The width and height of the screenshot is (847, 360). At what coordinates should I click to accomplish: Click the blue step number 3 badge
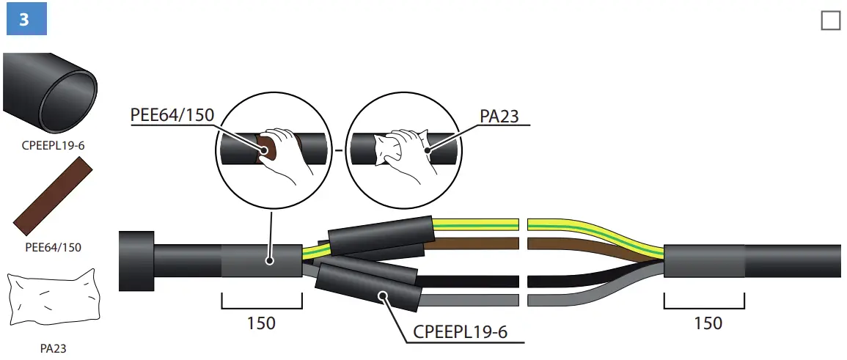(x=24, y=20)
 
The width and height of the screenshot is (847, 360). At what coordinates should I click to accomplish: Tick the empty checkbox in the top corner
(x=830, y=21)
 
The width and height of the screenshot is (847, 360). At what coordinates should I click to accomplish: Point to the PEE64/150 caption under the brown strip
(x=52, y=247)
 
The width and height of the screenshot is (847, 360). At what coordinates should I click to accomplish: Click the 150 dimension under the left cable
(x=262, y=323)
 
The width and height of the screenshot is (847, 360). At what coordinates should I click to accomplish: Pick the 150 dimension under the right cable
(x=708, y=323)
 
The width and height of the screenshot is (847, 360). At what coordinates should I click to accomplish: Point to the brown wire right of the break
(x=572, y=243)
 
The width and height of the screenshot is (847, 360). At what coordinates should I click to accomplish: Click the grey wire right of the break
(x=572, y=300)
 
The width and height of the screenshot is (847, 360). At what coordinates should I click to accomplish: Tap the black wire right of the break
(x=572, y=280)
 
